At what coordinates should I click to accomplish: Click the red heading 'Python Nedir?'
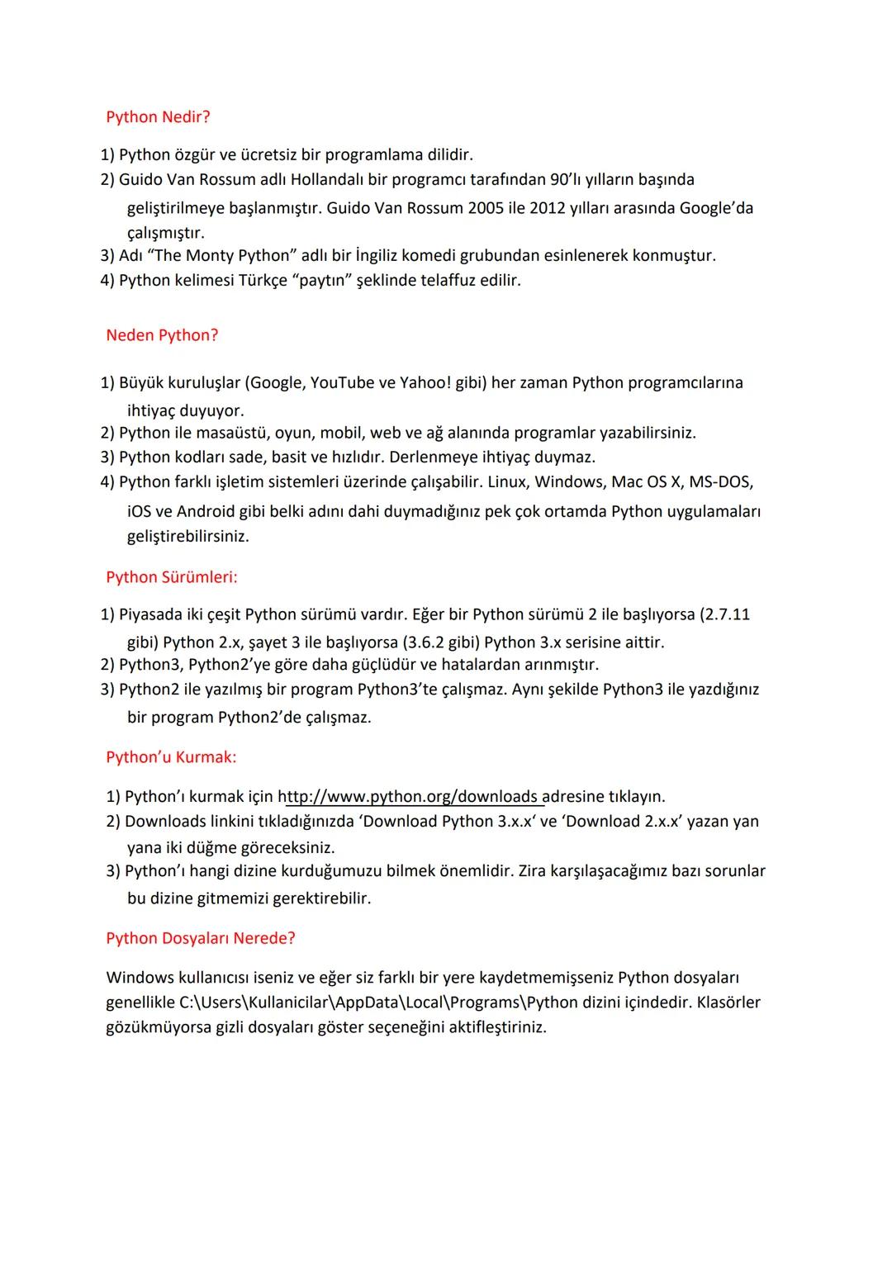coord(158,117)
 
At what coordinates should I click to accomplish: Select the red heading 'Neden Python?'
coord(162,335)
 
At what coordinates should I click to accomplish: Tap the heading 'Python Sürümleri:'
coord(171,577)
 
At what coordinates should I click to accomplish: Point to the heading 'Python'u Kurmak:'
coord(171,757)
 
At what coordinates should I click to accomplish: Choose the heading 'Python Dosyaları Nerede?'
coord(201,938)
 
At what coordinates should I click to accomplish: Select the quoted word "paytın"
coord(323,280)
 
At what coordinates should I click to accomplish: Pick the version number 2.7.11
coord(724,615)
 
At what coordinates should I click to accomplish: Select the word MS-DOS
coord(720,481)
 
